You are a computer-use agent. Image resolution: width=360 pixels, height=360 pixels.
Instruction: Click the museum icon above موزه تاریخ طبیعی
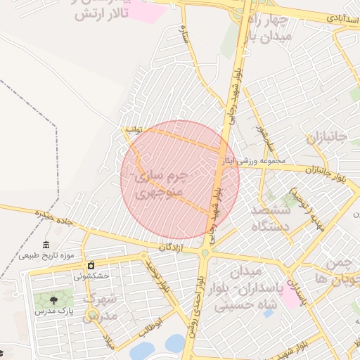pyautogui.click(x=46, y=245)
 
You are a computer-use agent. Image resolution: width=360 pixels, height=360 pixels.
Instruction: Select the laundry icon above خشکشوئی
pyautogui.click(x=91, y=266)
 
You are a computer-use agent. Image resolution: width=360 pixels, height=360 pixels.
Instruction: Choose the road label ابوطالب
pyautogui.click(x=156, y=326)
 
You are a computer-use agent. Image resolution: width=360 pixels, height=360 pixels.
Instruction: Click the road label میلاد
pyautogui.click(x=108, y=344)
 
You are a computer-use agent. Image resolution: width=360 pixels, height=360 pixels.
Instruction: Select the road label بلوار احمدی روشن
pyautogui.click(x=197, y=295)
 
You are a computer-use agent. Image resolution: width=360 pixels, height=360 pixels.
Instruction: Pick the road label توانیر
pyautogui.click(x=133, y=131)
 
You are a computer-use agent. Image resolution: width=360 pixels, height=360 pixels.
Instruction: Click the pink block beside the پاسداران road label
pyautogui.click(x=288, y=297)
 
